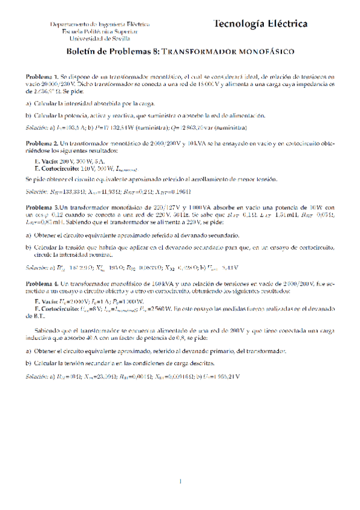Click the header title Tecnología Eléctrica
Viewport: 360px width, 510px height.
point(260,24)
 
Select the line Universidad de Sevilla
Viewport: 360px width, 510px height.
point(100,38)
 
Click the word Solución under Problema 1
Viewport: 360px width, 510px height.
point(37,128)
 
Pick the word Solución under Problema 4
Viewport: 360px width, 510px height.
point(37,376)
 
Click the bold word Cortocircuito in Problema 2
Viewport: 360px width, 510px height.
point(57,169)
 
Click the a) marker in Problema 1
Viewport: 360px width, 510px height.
point(28,103)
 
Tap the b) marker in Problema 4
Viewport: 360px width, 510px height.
point(28,364)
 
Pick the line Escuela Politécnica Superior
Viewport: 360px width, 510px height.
point(100,31)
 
